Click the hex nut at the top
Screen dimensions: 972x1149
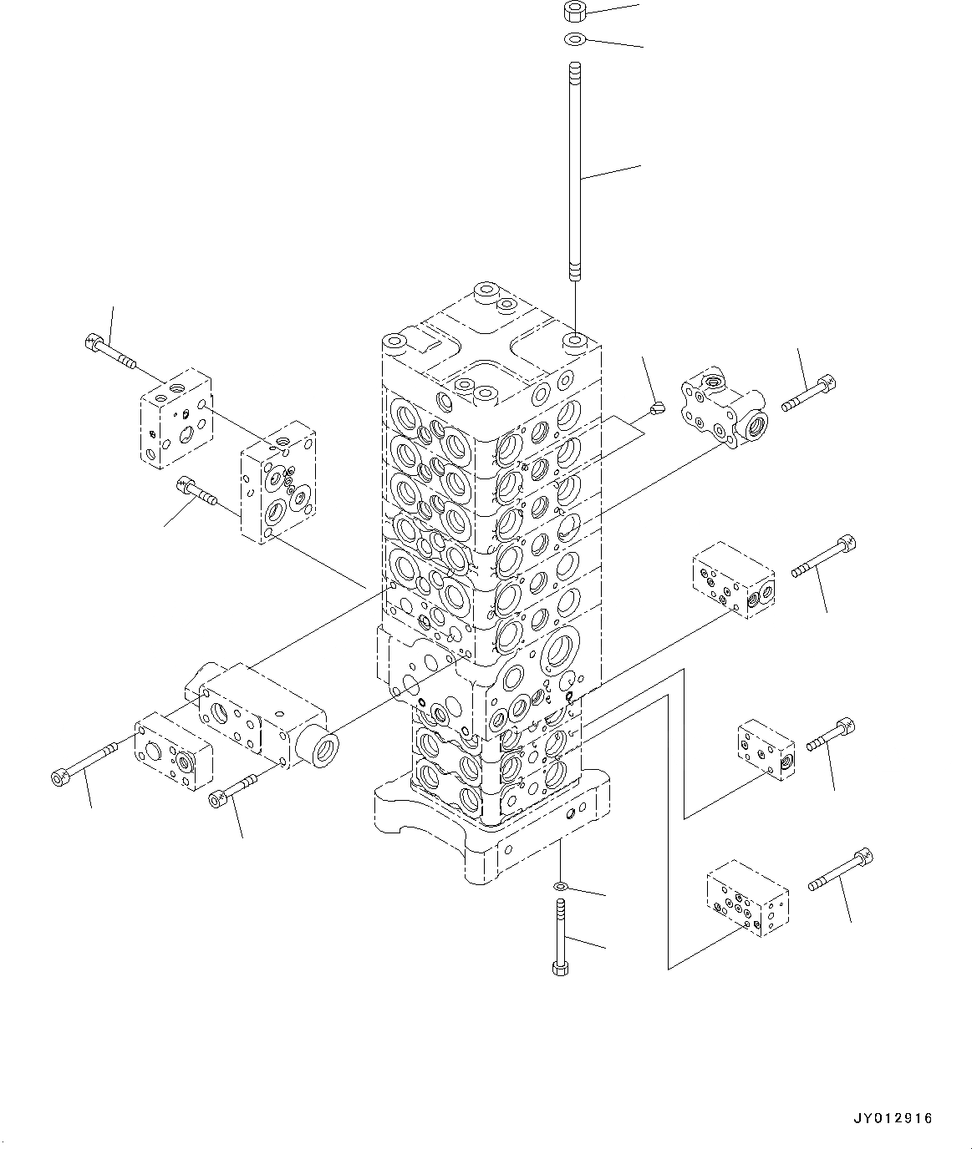(x=573, y=12)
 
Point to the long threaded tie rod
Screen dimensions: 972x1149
(x=575, y=172)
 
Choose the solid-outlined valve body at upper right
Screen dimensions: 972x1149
(x=723, y=407)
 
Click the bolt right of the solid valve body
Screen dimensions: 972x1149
(x=808, y=393)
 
